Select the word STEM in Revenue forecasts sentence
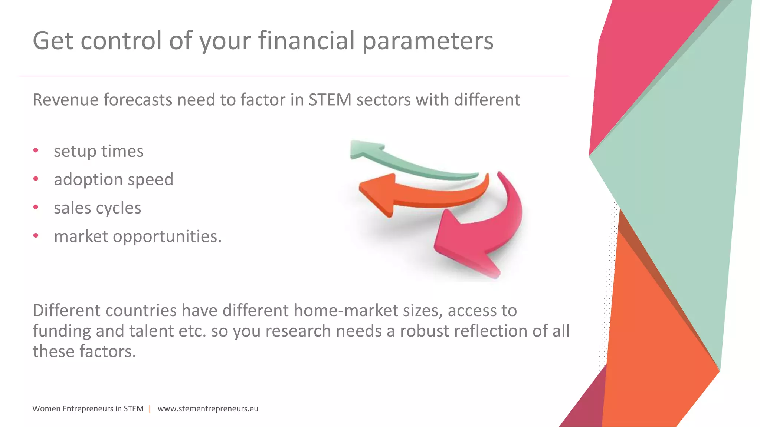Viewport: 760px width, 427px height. (330, 100)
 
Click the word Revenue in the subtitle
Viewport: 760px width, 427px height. (65, 100)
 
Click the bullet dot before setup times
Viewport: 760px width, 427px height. (36, 150)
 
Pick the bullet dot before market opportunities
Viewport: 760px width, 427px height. (36, 235)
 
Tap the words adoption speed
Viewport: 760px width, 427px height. (114, 180)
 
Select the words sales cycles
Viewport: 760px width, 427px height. (97, 208)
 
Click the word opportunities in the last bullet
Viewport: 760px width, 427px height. (167, 236)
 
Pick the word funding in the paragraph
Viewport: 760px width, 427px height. (61, 331)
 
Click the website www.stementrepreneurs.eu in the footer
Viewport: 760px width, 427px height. (208, 409)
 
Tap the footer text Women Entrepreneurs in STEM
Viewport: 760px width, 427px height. (88, 409)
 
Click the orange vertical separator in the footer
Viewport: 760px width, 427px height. (150, 409)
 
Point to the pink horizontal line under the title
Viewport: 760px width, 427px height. (293, 76)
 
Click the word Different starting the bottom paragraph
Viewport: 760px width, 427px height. (67, 311)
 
